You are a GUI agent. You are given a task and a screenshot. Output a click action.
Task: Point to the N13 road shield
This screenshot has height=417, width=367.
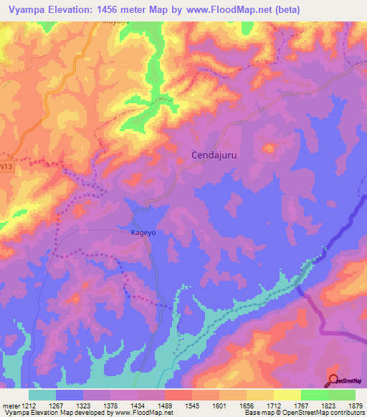point(6,166)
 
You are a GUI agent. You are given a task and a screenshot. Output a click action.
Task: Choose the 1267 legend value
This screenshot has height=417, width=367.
point(70,406)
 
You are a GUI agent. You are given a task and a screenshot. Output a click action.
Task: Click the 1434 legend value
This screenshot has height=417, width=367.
point(151,406)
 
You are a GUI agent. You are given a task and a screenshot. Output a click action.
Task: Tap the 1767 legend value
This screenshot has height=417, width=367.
point(314,406)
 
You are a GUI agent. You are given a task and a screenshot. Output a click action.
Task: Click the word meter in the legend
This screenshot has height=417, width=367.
point(10,406)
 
